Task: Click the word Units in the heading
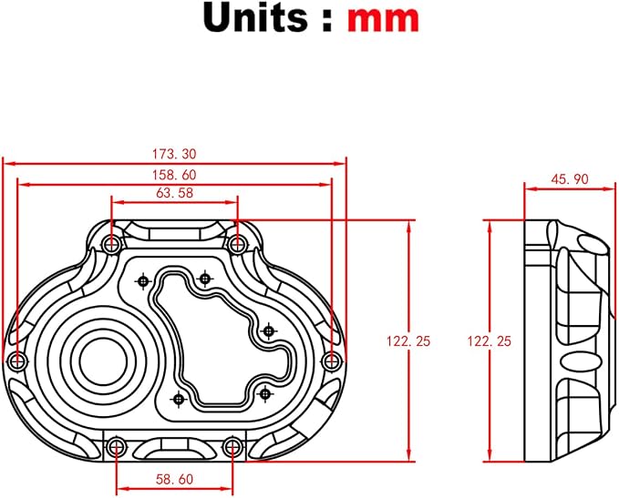[x=255, y=18]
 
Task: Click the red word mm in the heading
[x=383, y=19]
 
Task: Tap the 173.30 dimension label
[x=174, y=154]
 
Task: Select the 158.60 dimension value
[x=174, y=175]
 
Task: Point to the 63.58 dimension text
[x=174, y=193]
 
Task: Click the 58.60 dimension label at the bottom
[x=174, y=480]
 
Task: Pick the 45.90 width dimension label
[x=570, y=179]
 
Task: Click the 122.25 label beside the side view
[x=490, y=341]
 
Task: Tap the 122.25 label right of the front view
[x=408, y=341]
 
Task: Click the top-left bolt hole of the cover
[x=112, y=245]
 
